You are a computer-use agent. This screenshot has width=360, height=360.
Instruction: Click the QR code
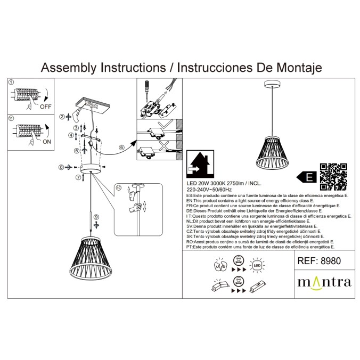(x=333, y=176)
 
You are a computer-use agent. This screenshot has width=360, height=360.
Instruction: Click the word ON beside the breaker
(x=46, y=142)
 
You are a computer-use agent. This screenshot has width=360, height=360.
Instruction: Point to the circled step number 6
(x=121, y=147)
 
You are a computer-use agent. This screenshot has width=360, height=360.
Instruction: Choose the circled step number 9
(x=96, y=217)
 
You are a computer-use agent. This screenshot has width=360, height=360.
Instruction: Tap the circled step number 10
(x=119, y=188)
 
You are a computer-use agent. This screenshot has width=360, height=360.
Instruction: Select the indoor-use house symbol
(x=200, y=163)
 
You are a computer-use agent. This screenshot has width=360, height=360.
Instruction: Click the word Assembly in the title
(x=69, y=68)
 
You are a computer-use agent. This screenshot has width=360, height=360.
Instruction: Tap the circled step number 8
(x=61, y=167)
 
